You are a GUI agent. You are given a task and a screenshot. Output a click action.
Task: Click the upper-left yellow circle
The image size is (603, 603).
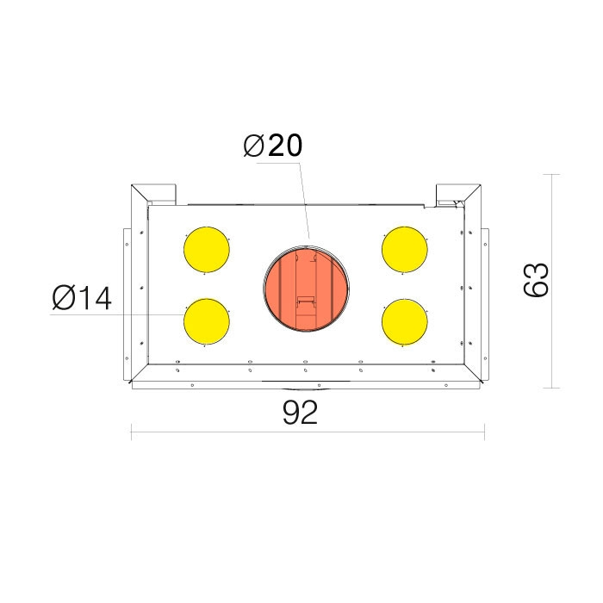pyautogui.click(x=207, y=250)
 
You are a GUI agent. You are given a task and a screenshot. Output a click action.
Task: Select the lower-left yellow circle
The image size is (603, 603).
pyautogui.click(x=207, y=321)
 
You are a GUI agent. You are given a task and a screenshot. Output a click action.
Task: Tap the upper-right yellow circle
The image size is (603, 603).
pyautogui.click(x=405, y=250)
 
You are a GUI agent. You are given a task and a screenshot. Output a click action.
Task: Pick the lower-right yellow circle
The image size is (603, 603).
pyautogui.click(x=405, y=322)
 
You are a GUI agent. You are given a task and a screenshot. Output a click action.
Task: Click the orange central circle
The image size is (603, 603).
pyautogui.click(x=307, y=289)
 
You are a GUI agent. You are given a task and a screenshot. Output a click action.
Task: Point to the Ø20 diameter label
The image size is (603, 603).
pyautogui.click(x=273, y=146)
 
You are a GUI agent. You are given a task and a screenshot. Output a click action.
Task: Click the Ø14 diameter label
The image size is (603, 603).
pyautogui.click(x=82, y=298)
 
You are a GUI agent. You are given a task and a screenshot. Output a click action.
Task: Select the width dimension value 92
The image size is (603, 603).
pyautogui.click(x=301, y=413)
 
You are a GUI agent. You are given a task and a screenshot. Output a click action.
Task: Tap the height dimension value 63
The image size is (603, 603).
pyautogui.click(x=536, y=280)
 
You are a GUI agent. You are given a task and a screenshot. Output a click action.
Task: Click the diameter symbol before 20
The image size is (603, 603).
pyautogui.click(x=253, y=146)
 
